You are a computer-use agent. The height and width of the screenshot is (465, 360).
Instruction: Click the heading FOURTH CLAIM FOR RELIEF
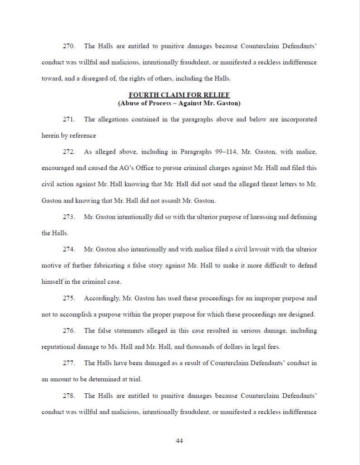click(x=179, y=95)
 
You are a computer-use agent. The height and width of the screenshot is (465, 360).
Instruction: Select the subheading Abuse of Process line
click(x=179, y=103)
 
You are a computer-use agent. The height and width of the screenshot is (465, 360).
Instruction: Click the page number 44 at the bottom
click(x=179, y=440)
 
